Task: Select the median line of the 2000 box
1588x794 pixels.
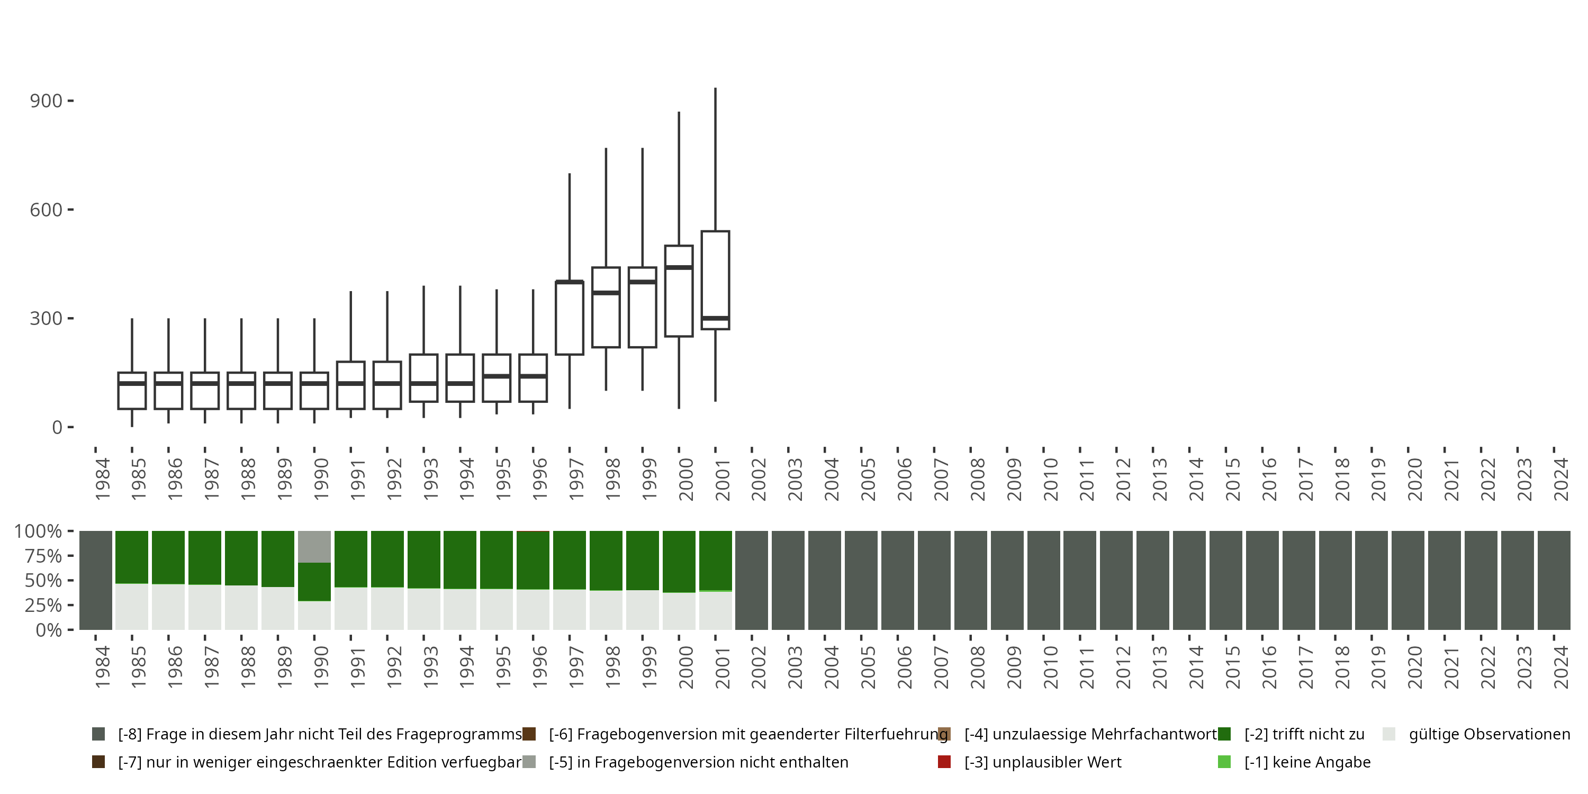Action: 679,267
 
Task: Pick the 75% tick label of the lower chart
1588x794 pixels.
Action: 43,556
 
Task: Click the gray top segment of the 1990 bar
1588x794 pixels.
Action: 314,546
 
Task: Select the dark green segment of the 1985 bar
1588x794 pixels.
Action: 132,557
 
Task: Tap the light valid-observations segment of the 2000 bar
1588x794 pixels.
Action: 679,611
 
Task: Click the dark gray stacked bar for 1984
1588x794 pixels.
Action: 96,580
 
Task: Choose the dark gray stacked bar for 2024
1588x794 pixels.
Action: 1554,580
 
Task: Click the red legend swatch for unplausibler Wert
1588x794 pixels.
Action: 944,762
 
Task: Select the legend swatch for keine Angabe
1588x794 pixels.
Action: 1224,762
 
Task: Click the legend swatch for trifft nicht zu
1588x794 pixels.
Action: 1224,734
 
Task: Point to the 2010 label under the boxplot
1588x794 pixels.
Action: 1050,479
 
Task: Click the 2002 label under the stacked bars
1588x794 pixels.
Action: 758,667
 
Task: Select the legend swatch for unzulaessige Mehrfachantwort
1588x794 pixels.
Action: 944,734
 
